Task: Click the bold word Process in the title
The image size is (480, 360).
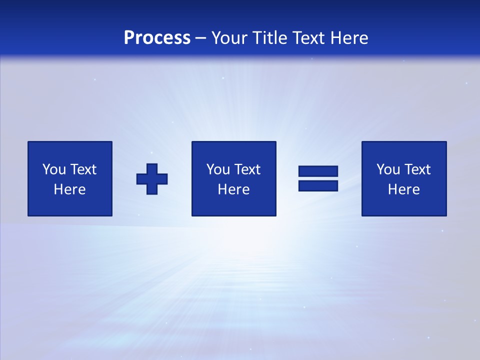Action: coord(157,38)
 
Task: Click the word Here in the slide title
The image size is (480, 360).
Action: coord(349,38)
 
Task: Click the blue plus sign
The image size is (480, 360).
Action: coord(152,179)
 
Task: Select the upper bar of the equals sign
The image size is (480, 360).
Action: coord(318,171)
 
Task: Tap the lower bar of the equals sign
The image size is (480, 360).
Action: coord(318,186)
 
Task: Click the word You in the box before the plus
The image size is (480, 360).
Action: coord(53,169)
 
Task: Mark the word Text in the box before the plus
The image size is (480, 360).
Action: coord(82,169)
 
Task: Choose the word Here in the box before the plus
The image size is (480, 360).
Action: coord(69,189)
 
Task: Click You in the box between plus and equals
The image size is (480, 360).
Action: coord(217,169)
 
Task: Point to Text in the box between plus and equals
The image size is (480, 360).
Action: coord(246,169)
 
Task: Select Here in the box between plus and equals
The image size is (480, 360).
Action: coord(233,189)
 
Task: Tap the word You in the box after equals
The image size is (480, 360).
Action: coord(387,169)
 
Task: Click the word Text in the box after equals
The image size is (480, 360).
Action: coord(416,169)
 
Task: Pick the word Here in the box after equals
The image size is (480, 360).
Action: coord(403,189)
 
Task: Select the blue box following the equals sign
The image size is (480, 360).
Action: coord(404,205)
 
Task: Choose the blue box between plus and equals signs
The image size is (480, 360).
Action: coord(234,205)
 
